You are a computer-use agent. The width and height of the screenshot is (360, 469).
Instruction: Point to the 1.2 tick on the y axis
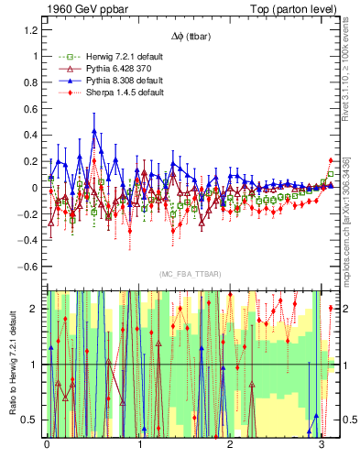(30, 29)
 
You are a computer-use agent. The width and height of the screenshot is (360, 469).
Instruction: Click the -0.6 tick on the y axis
(27, 267)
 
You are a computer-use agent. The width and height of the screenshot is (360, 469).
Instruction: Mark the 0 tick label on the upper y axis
(35, 188)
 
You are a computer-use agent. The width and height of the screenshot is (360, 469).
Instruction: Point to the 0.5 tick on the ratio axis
(30, 420)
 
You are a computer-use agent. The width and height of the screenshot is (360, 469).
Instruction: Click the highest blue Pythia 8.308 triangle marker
(93, 131)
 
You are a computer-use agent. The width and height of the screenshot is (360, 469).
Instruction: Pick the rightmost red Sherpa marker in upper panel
(331, 160)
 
